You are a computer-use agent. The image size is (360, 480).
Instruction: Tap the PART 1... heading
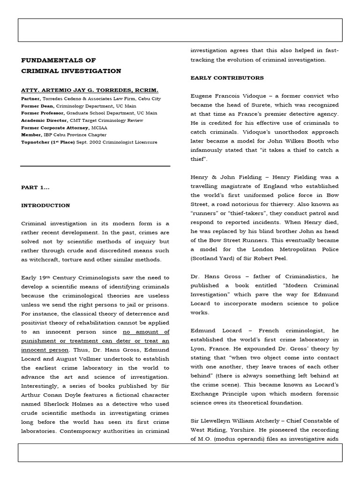tap(35, 187)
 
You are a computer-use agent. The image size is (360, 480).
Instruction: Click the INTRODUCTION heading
tap(45, 205)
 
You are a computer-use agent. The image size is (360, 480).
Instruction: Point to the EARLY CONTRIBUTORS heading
tap(227, 78)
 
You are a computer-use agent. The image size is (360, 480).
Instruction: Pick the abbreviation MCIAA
tap(99, 127)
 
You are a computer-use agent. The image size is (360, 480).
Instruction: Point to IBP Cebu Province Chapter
tap(67, 135)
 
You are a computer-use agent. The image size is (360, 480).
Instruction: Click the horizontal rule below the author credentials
tap(95, 166)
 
